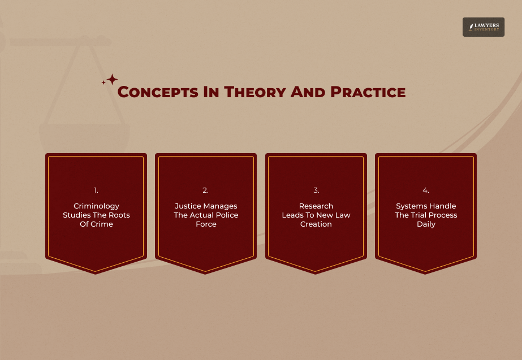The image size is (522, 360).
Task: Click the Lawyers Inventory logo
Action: click(x=483, y=27)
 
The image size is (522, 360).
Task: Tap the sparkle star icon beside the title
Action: click(x=111, y=80)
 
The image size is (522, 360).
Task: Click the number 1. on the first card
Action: click(x=96, y=190)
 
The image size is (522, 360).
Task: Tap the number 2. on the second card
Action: click(x=206, y=190)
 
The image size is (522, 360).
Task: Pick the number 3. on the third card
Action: click(x=316, y=190)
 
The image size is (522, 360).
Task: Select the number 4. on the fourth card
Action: click(x=426, y=190)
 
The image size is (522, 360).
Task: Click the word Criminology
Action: click(x=96, y=206)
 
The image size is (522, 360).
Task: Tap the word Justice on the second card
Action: click(x=188, y=206)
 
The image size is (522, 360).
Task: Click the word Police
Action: click(x=227, y=215)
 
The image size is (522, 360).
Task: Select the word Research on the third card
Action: click(x=316, y=206)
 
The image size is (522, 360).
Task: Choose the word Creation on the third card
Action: click(x=316, y=224)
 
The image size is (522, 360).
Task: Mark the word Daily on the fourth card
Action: click(x=426, y=224)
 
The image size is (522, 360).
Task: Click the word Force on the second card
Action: click(x=206, y=224)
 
